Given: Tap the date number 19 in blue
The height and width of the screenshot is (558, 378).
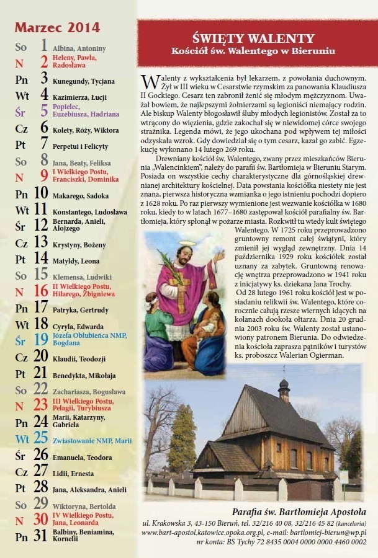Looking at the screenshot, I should [x=41, y=339].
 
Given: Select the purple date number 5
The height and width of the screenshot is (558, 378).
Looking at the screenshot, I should [x=44, y=111].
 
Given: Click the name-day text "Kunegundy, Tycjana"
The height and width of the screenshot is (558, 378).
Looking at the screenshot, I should [x=84, y=81].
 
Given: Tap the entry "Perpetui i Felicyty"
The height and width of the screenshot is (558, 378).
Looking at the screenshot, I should [x=80, y=147].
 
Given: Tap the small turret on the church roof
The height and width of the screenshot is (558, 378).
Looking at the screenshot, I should [x=284, y=390].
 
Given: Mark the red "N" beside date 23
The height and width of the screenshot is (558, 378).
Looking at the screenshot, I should [x=19, y=406].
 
